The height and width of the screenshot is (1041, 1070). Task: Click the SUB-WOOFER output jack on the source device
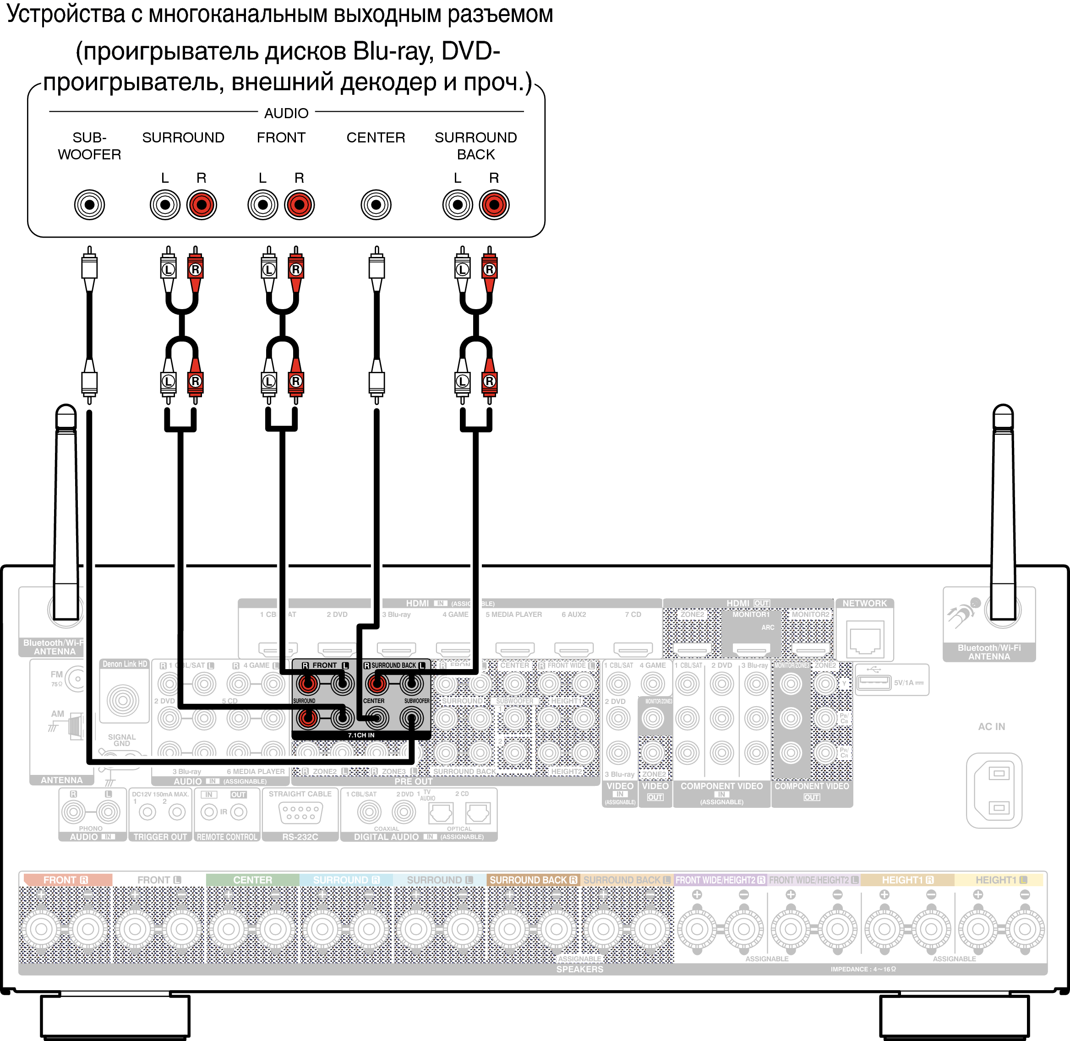click(89, 205)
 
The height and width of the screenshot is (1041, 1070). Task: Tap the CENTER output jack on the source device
click(376, 205)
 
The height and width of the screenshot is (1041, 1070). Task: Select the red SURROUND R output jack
click(202, 205)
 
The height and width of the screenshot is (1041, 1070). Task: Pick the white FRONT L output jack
click(262, 205)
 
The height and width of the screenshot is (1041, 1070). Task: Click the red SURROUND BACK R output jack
click(494, 205)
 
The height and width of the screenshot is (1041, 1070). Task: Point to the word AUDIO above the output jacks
click(286, 113)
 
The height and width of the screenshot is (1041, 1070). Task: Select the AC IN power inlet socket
click(994, 790)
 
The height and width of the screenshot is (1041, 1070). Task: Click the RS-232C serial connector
click(300, 812)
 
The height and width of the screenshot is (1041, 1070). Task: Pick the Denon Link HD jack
click(123, 700)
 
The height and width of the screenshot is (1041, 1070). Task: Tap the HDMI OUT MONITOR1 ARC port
click(751, 649)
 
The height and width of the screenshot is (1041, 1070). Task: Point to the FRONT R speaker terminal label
click(66, 880)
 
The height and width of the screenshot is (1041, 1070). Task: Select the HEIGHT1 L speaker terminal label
click(1000, 880)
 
